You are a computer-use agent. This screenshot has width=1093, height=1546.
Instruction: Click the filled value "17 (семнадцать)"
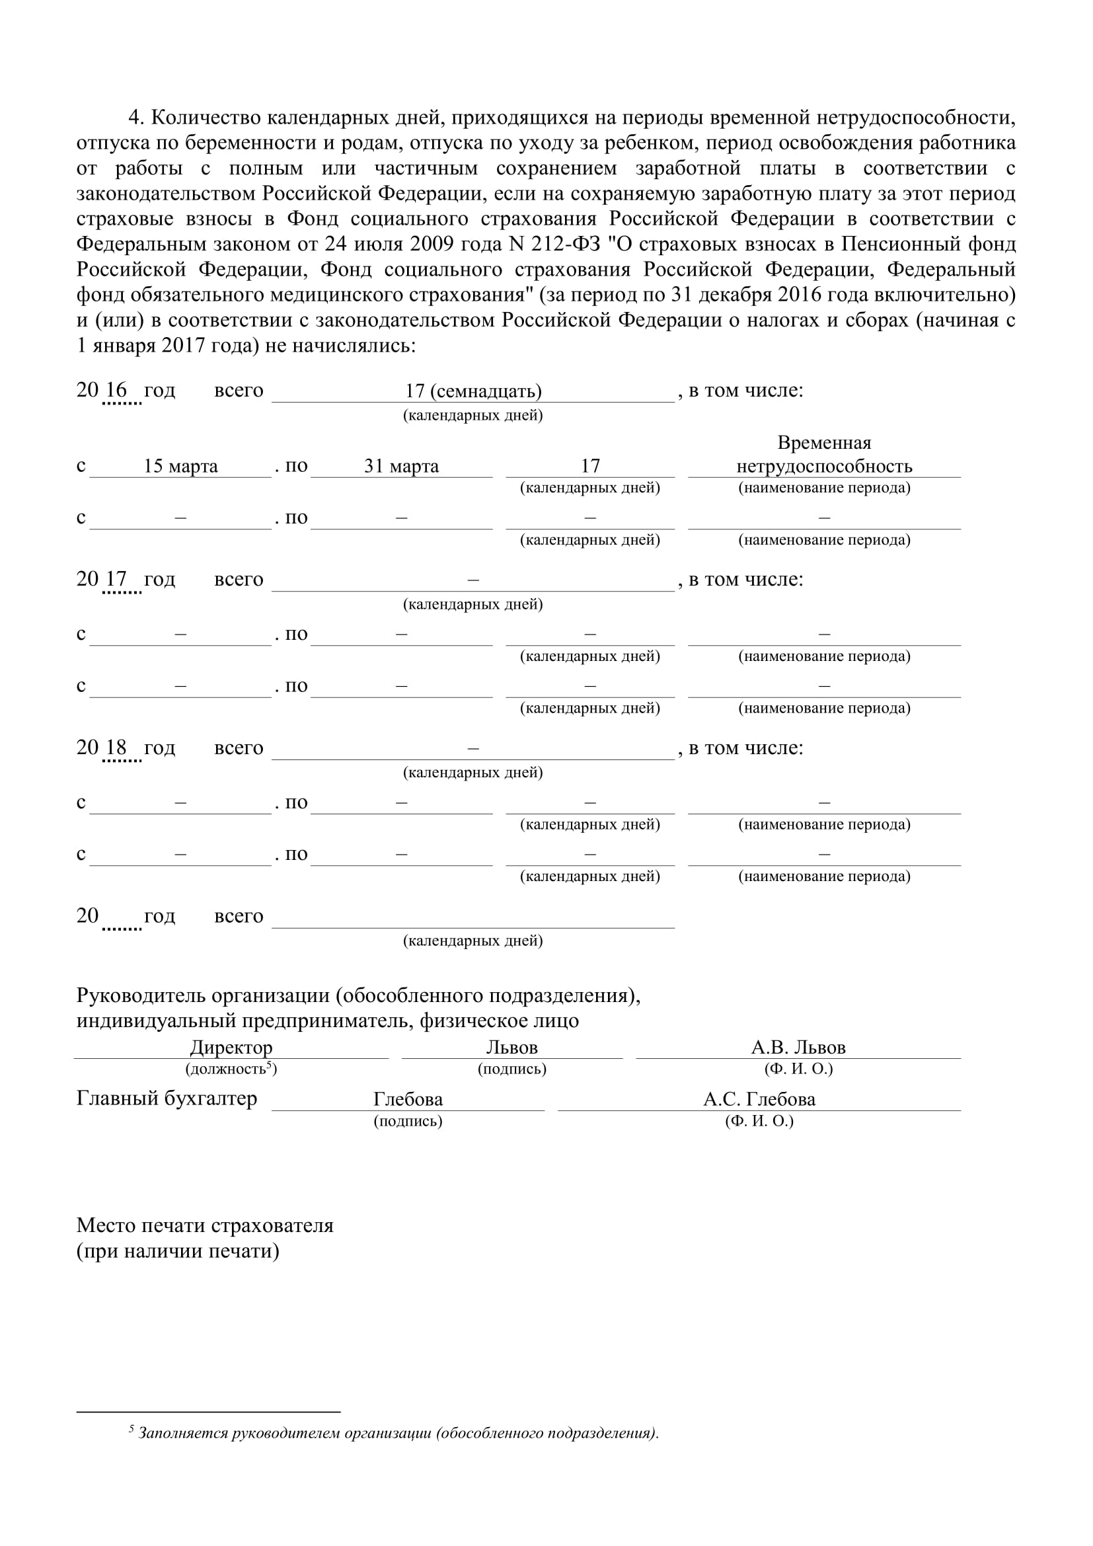473,391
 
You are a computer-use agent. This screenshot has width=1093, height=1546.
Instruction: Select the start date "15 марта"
180,466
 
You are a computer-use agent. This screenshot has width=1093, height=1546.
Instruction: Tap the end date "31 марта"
401,466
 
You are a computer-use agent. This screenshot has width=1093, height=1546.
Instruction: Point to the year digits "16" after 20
116,389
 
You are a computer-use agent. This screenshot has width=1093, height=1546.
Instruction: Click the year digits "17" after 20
116,578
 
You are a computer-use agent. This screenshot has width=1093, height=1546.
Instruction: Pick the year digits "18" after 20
116,747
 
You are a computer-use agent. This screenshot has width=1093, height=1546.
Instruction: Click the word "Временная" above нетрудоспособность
824,442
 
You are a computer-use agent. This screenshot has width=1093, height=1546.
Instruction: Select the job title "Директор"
231,1047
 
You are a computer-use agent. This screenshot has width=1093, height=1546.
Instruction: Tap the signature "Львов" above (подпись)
511,1047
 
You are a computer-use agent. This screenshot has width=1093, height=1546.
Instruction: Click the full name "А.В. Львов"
798,1047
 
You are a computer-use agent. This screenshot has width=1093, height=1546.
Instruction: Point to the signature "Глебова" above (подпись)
408,1100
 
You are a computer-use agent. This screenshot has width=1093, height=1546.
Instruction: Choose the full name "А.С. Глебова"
759,1100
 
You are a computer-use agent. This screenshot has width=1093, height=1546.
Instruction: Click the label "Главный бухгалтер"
167,1099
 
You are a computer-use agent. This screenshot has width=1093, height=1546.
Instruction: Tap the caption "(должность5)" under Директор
231,1069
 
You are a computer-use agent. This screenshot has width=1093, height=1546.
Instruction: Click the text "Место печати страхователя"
205,1225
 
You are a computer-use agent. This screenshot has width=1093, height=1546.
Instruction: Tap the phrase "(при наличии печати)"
178,1251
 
